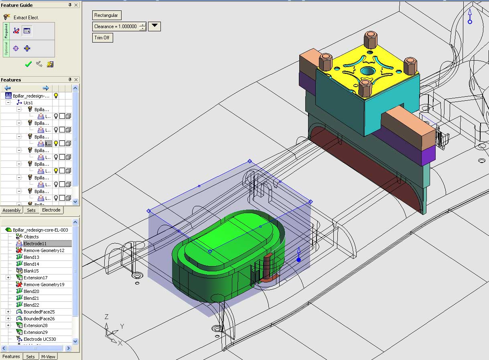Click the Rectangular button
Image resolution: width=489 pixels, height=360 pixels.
point(106,15)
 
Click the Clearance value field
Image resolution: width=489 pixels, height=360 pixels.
point(116,26)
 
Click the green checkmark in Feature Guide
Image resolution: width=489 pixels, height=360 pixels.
point(28,64)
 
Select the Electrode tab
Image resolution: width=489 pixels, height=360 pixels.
point(51,210)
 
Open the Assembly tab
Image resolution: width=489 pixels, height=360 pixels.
point(12,210)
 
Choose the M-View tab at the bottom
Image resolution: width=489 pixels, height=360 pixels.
point(48,356)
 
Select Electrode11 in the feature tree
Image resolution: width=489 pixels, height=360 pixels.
point(35,244)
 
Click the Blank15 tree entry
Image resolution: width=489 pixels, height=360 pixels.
point(31,271)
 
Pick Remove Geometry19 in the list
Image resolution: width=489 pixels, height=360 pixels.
point(44,285)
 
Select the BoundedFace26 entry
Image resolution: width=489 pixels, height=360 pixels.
point(39,319)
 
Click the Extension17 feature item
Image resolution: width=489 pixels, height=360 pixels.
point(35,278)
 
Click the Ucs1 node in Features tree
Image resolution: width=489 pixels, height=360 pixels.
point(28,103)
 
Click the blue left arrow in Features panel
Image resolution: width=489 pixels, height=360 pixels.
point(7,88)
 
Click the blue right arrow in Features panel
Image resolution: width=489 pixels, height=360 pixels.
point(46,88)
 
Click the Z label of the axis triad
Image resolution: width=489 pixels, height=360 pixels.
point(106,316)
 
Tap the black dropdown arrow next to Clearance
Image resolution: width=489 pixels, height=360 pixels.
point(154,26)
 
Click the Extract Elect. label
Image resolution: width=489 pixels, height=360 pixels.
point(26,17)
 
